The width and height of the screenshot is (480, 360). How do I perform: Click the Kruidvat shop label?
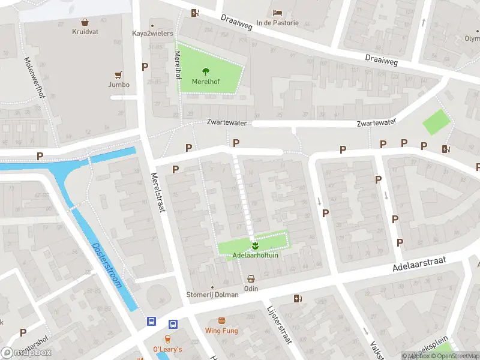point(85,31)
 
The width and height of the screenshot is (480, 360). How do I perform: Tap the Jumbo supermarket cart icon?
point(118,76)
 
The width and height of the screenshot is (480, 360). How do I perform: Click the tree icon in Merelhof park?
point(205,71)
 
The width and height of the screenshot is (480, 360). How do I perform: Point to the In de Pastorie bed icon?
point(277,13)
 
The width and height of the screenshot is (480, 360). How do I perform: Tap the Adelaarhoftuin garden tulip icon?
point(255,245)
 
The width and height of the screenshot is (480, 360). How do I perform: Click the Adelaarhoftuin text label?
point(255,256)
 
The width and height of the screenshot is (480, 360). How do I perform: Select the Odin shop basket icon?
point(251,278)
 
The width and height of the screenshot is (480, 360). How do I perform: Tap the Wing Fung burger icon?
point(221,321)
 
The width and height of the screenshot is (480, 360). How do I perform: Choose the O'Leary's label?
point(167,349)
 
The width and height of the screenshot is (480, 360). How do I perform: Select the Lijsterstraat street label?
point(278,324)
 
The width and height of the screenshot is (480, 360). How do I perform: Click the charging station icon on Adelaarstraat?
point(297,298)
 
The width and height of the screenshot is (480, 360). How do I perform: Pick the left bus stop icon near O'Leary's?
point(152,322)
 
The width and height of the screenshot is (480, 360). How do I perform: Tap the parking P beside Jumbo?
point(145,67)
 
